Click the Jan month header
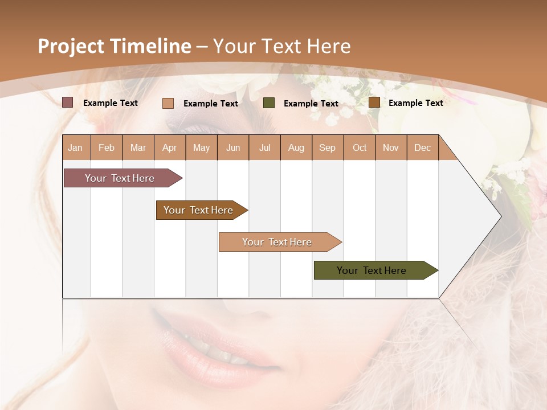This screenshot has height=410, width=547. [x=75, y=147]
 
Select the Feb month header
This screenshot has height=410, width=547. [x=107, y=147]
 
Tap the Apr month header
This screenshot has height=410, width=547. [x=170, y=147]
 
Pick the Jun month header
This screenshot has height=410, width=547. [x=233, y=147]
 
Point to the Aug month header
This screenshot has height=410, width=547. [x=296, y=147]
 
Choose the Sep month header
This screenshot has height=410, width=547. [x=327, y=147]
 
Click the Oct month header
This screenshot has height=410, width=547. [x=360, y=147]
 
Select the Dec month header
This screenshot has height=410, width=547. [x=422, y=147]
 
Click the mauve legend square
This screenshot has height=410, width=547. [x=68, y=102]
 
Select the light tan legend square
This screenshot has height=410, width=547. [x=168, y=103]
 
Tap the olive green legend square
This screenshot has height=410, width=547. [x=269, y=103]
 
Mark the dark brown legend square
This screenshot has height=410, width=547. [x=374, y=102]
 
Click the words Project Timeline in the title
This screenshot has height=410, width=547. [x=114, y=46]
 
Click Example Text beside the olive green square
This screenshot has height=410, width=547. [x=311, y=103]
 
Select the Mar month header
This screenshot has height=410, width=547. [x=138, y=147]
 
